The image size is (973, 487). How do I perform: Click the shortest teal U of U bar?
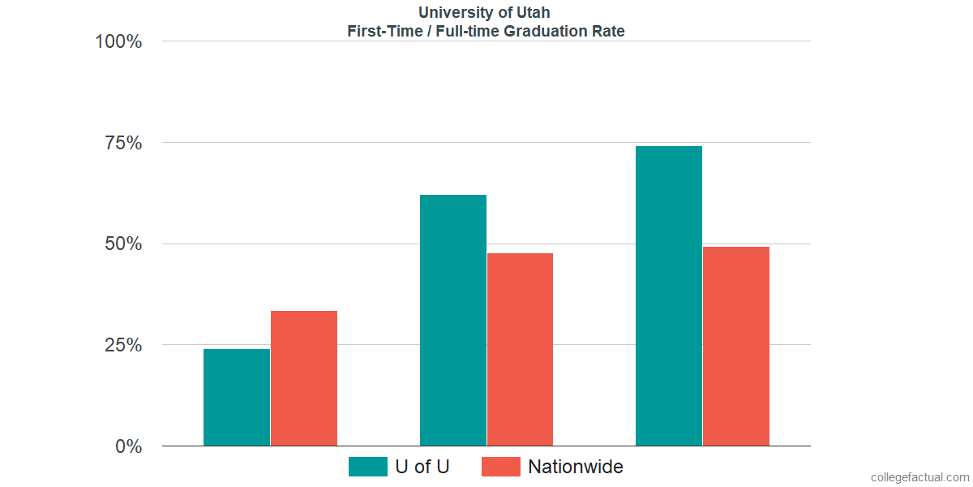[x=237, y=397]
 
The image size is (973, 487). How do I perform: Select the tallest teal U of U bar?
[x=669, y=295]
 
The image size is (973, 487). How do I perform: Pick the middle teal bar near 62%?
[x=452, y=320]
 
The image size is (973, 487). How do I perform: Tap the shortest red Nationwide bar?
[x=304, y=378]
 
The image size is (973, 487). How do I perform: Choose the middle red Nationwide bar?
[x=520, y=349]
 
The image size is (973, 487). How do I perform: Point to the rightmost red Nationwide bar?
[x=736, y=346]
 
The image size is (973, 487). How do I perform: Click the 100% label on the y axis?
[x=118, y=41]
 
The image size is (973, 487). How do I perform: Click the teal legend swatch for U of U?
[x=367, y=467]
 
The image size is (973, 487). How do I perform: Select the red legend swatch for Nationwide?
[x=500, y=467]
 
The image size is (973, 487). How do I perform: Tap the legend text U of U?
[x=422, y=467]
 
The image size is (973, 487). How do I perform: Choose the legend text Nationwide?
[x=576, y=467]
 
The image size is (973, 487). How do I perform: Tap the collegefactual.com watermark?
[x=919, y=477]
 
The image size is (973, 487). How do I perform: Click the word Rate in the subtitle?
[x=608, y=32]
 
